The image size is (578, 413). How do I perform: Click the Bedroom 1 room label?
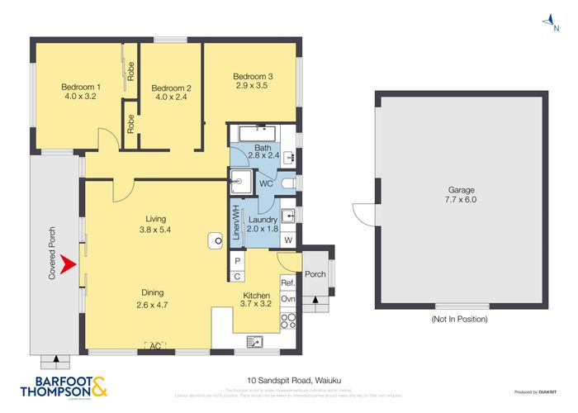click(x=81, y=87)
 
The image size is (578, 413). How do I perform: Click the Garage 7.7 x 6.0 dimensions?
click(x=461, y=199)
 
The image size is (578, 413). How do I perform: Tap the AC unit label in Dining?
click(x=154, y=345)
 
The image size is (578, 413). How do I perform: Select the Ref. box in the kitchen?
click(x=287, y=282)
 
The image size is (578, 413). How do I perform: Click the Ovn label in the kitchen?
click(x=287, y=299)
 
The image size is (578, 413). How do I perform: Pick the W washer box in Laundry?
click(x=288, y=240)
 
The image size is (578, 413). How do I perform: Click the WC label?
click(x=266, y=183)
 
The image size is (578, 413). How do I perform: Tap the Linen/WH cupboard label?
click(x=235, y=221)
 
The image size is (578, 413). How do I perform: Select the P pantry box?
click(x=236, y=261)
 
